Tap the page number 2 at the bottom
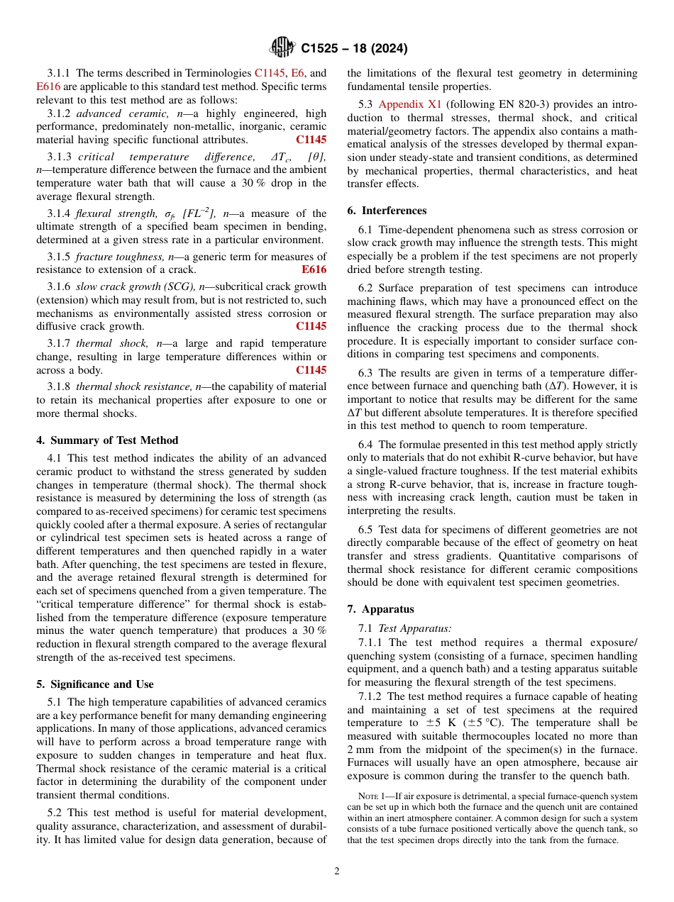pyautogui.click(x=337, y=872)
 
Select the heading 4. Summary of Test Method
pyautogui.click(x=107, y=440)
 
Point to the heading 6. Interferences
pyautogui.click(x=387, y=211)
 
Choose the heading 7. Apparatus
pyautogui.click(x=380, y=609)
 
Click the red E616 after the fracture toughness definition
pyautogui.click(x=314, y=269)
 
